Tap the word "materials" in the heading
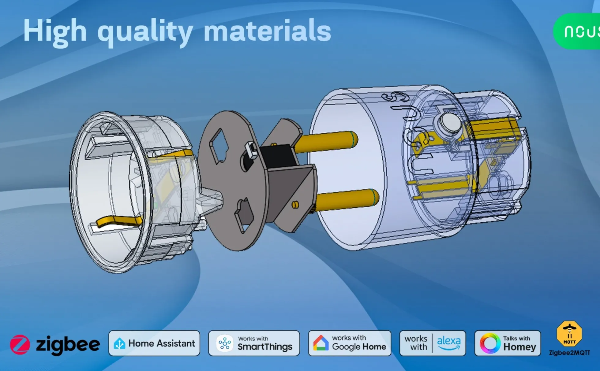pyautogui.click(x=267, y=31)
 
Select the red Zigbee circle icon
pyautogui.click(x=20, y=344)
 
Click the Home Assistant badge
pyautogui.click(x=154, y=343)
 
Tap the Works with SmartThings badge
pyautogui.click(x=254, y=343)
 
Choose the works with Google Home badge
pyautogui.click(x=350, y=343)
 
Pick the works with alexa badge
pyautogui.click(x=433, y=343)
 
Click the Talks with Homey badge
pyautogui.click(x=508, y=343)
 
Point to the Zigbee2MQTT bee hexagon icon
pyautogui.click(x=569, y=334)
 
